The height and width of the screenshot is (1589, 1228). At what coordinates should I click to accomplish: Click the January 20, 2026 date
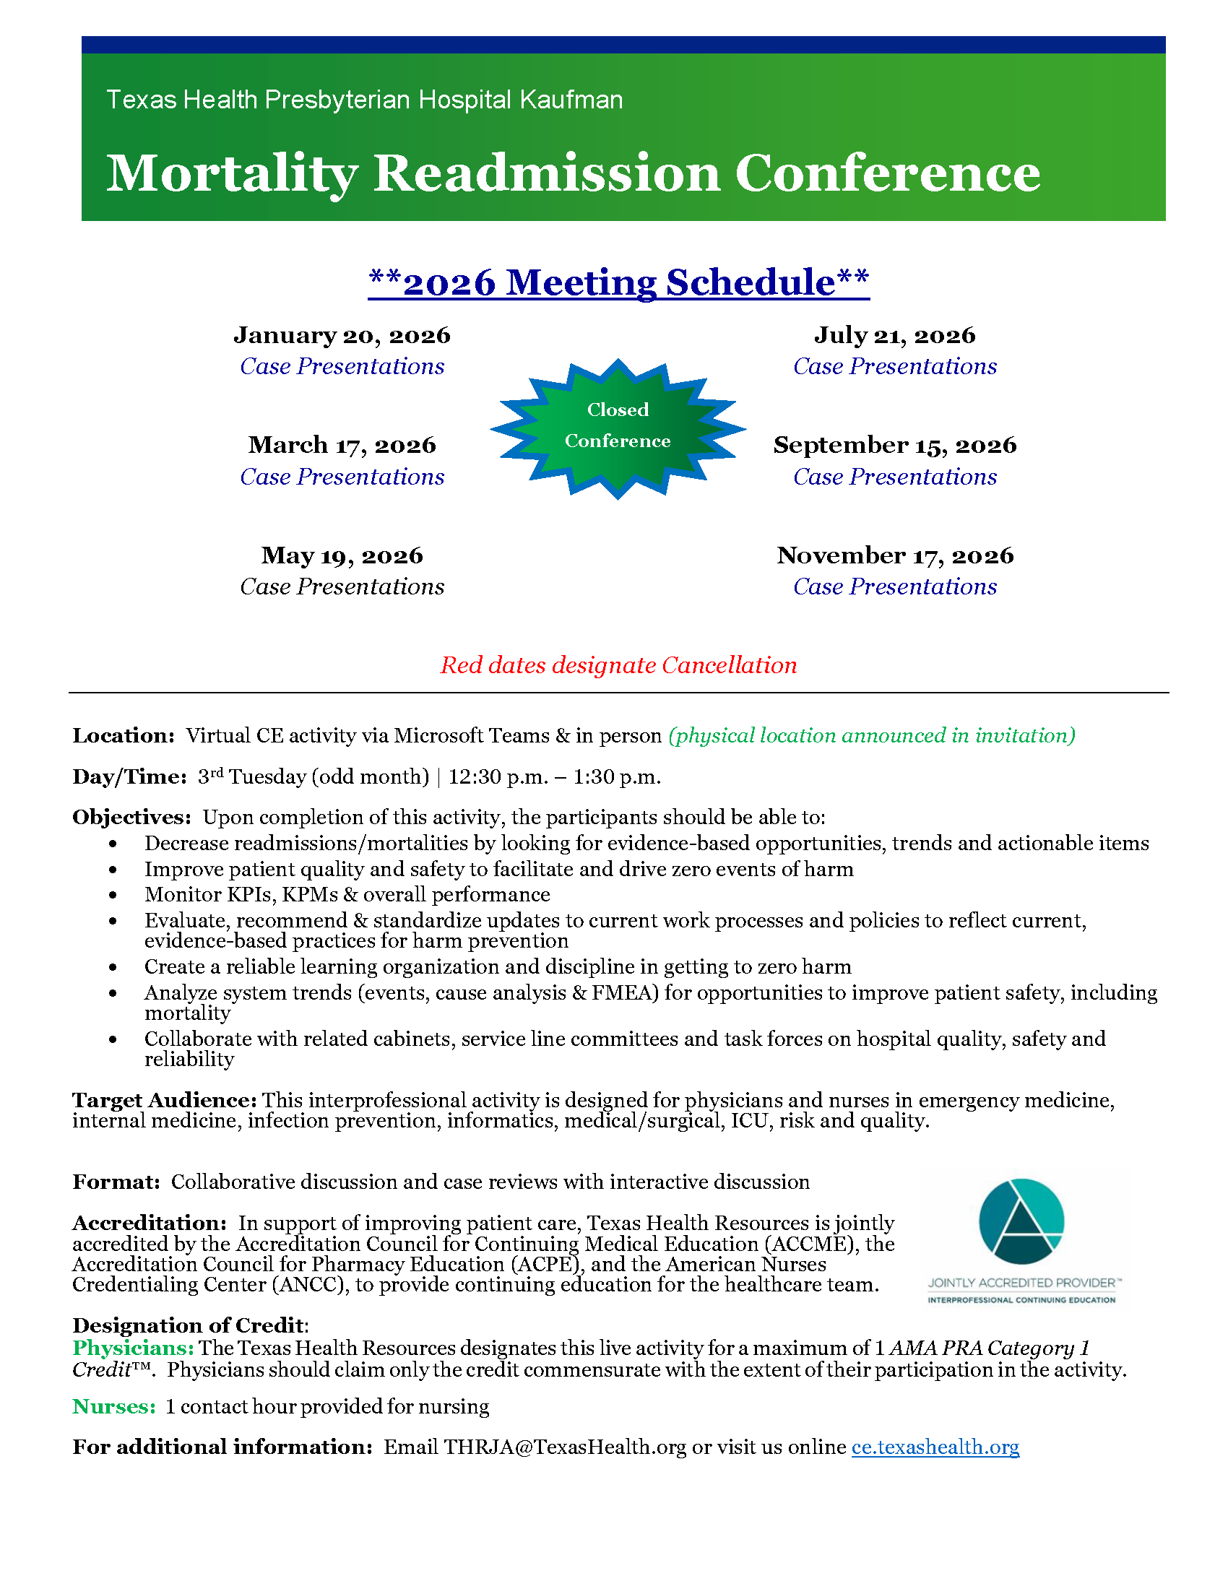(x=342, y=335)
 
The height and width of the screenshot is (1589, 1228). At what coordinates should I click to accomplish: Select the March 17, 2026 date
(x=342, y=445)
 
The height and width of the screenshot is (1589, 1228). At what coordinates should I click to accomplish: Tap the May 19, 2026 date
(x=342, y=556)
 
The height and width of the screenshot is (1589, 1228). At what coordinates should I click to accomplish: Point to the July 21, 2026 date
(x=894, y=335)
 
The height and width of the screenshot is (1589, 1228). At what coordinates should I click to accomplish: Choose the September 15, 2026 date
(x=894, y=445)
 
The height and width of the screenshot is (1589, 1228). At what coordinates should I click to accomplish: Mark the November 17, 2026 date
(x=894, y=556)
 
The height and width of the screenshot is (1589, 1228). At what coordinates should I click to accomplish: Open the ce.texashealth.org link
(x=935, y=1447)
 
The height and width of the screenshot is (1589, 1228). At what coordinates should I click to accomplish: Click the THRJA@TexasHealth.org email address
(x=565, y=1447)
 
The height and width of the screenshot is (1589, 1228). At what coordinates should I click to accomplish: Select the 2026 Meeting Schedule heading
(x=618, y=282)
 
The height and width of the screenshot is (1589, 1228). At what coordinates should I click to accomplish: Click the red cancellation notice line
(x=618, y=665)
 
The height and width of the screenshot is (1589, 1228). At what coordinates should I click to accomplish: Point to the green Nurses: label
(x=114, y=1406)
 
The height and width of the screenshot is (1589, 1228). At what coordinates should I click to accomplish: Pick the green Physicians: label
(x=133, y=1348)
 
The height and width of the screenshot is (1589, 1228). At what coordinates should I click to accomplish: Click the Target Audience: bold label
(x=165, y=1100)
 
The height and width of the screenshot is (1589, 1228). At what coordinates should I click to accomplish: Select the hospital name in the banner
(x=365, y=100)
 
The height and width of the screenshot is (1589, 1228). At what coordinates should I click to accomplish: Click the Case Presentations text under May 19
(x=342, y=586)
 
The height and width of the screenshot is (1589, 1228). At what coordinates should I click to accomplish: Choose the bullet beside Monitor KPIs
(x=113, y=895)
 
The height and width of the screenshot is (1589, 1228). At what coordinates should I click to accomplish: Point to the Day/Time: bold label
(x=129, y=777)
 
